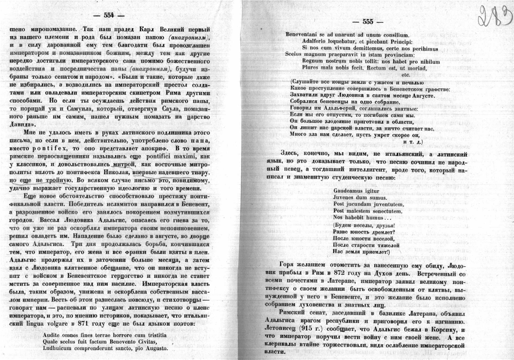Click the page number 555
tap(368, 22)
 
